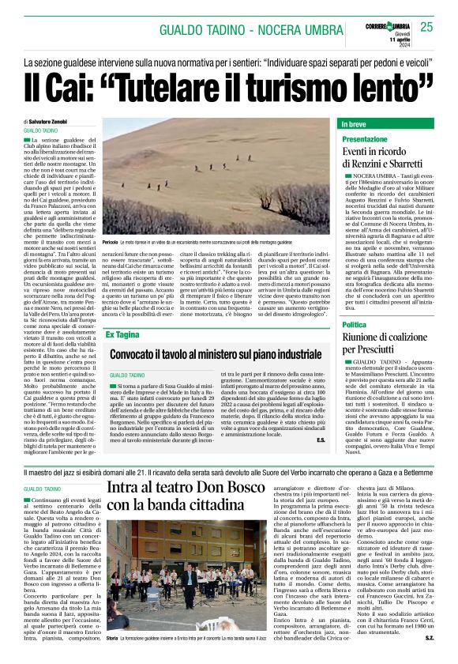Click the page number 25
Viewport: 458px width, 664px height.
(x=426, y=28)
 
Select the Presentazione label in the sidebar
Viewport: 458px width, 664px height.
(x=365, y=138)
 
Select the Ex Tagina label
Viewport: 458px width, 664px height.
(x=123, y=335)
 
